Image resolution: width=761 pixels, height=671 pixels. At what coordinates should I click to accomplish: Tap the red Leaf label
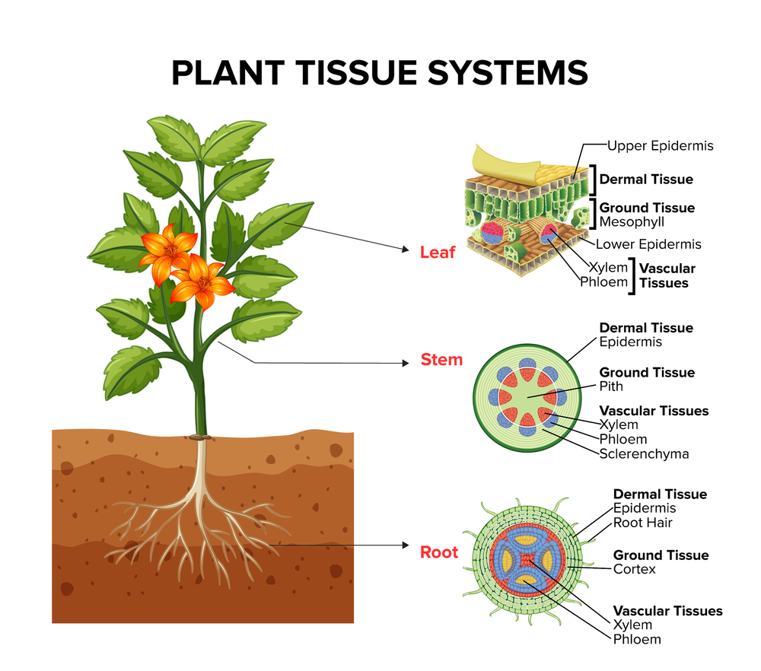(438, 252)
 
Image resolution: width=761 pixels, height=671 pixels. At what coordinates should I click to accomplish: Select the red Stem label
(441, 360)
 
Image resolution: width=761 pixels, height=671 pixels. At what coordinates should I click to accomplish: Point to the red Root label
(439, 552)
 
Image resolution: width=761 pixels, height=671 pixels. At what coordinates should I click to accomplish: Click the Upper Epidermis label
(660, 145)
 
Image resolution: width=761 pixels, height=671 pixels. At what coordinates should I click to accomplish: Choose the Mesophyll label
(632, 222)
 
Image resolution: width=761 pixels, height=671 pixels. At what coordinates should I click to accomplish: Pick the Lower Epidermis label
(648, 244)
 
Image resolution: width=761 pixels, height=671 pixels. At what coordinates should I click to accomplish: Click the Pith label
(611, 386)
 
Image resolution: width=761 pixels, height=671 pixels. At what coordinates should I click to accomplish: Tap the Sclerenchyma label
(644, 454)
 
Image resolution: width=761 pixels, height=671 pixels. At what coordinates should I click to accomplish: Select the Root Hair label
(643, 523)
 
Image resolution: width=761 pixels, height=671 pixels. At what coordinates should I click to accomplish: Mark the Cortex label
(635, 569)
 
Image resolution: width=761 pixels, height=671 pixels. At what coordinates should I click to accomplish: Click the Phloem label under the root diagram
(637, 639)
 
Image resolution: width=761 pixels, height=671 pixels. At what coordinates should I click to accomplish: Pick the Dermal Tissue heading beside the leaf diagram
(646, 180)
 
